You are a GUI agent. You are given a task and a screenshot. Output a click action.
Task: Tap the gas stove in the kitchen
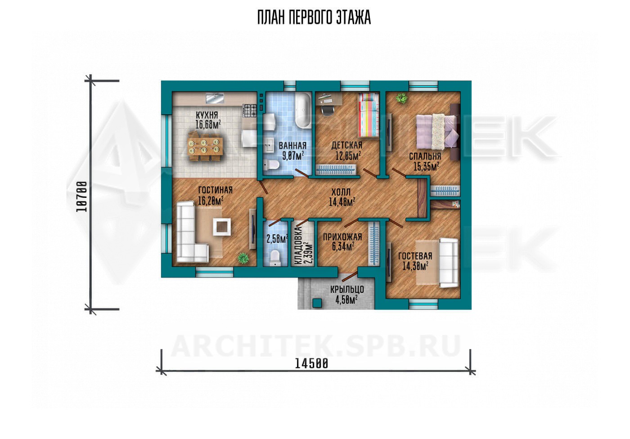(250, 111)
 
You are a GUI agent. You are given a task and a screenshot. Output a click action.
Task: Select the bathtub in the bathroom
(303, 111)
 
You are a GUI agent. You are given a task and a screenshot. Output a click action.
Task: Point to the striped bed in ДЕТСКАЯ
(368, 115)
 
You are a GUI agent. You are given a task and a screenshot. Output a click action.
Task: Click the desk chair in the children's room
(327, 110)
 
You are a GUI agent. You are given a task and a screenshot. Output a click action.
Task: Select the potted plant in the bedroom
(401, 98)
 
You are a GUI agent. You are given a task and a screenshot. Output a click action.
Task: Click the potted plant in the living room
(243, 258)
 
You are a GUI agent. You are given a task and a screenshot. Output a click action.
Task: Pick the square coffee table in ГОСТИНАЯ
(222, 227)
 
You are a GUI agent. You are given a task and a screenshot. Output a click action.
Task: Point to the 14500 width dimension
(311, 364)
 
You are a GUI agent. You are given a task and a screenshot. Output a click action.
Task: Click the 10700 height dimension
(82, 196)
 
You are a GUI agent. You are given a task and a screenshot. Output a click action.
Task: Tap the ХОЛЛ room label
(341, 192)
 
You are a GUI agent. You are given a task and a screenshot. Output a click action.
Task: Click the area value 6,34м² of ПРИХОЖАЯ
(343, 247)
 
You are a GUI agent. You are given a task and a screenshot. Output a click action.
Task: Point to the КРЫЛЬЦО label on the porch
(347, 289)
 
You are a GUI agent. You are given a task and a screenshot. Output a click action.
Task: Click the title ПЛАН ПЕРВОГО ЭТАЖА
(314, 18)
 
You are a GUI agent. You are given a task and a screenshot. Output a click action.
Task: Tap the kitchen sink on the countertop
(215, 99)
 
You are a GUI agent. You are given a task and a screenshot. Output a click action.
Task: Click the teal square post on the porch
(318, 303)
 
